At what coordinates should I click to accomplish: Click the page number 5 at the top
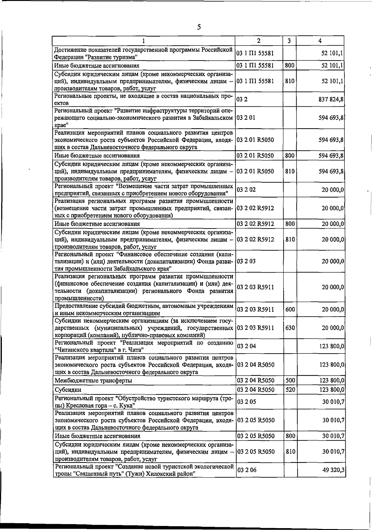pos(199,27)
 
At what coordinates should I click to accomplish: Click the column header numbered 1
pos(144,41)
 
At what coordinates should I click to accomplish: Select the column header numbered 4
pos(320,41)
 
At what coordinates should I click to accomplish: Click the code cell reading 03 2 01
pos(246,118)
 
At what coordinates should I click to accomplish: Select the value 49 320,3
pos(333,470)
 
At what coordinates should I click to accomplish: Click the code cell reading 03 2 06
pos(246,470)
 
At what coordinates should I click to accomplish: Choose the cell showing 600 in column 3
pos(290,310)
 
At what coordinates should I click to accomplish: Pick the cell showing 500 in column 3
pos(290,380)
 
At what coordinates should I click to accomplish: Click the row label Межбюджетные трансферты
pos(93,380)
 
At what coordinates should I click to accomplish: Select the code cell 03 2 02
pos(246,189)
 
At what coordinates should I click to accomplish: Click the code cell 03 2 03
pos(246,261)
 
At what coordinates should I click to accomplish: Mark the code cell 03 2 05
pos(246,402)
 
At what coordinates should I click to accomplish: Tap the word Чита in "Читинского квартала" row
pos(135,350)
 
